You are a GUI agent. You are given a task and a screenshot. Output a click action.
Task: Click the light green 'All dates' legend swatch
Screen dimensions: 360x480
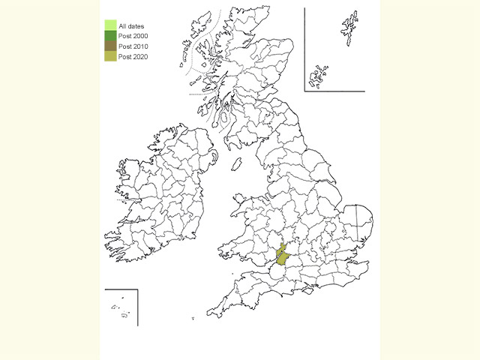point(110,26)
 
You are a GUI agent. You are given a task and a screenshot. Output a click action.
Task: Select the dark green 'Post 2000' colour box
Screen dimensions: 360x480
point(110,36)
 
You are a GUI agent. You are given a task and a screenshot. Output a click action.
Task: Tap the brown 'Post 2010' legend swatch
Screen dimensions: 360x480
point(110,46)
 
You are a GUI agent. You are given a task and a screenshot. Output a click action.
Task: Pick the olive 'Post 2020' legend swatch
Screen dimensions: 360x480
point(110,55)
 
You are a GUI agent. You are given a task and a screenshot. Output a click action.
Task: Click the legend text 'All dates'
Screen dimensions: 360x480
point(131,27)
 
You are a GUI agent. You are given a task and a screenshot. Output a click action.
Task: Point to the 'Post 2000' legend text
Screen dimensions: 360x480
point(133,37)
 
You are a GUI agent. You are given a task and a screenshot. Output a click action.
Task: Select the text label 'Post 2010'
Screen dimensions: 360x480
point(133,46)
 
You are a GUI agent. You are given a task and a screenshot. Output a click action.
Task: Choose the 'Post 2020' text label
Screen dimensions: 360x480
point(133,56)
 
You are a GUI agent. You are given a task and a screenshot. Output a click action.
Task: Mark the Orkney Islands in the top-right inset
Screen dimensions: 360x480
point(319,74)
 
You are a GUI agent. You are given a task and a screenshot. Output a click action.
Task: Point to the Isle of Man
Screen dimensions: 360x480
point(237,163)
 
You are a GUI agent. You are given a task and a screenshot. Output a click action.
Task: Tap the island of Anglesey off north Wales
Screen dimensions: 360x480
point(238,200)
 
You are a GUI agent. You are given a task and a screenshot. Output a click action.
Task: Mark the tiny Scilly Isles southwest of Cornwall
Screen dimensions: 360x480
point(193,320)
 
